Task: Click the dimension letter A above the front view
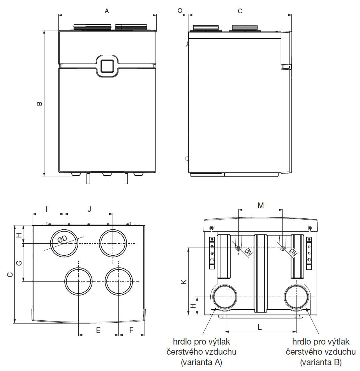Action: click(107, 11)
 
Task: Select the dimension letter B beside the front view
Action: click(39, 104)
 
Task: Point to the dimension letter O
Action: click(180, 11)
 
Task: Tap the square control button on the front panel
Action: click(107, 65)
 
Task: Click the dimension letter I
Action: click(47, 209)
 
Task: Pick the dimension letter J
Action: click(89, 209)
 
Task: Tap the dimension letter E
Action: click(98, 330)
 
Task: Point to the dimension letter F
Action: click(131, 330)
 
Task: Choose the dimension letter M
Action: click(261, 205)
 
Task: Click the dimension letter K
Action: click(184, 281)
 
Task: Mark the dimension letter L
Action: click(260, 327)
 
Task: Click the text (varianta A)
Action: click(201, 362)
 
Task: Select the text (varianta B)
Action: click(321, 362)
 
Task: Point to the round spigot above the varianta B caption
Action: click(297, 297)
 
